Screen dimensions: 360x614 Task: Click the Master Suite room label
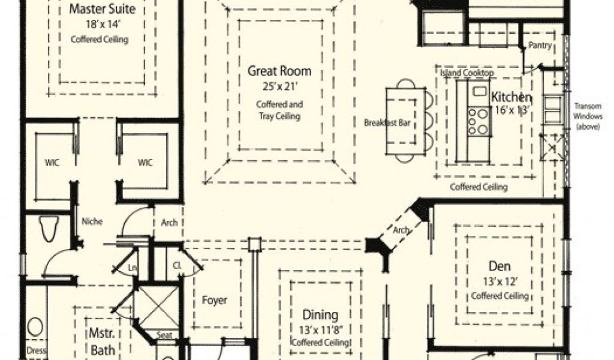pos(102,10)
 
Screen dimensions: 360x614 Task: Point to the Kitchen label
pos(511,97)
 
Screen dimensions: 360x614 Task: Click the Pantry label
pos(540,46)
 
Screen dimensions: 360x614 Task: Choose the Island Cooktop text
pos(467,73)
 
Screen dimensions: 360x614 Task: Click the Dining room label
pos(320,315)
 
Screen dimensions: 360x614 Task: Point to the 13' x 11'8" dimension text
pos(320,329)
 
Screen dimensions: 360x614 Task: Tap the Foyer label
pos(214,300)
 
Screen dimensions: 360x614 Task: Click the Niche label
pos(92,221)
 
